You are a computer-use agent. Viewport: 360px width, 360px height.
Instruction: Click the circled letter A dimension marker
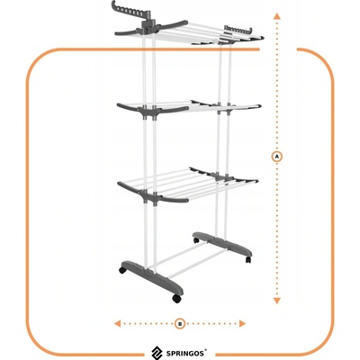(x=277, y=157)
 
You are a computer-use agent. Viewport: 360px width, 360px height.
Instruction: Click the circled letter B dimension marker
(x=180, y=323)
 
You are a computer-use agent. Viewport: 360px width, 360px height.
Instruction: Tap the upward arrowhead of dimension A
(x=277, y=16)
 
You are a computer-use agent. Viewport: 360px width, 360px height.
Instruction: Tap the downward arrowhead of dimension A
(x=277, y=301)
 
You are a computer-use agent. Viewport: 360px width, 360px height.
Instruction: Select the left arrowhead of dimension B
(x=118, y=323)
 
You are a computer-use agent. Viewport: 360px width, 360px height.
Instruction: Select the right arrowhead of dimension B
(x=242, y=323)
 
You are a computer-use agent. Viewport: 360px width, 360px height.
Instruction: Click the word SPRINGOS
(x=186, y=353)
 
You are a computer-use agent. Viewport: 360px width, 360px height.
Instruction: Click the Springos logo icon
(x=157, y=353)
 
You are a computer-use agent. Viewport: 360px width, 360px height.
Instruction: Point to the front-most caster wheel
(x=175, y=298)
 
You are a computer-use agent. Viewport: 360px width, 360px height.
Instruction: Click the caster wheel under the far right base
(x=248, y=259)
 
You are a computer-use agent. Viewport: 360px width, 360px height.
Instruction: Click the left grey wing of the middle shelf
(x=128, y=108)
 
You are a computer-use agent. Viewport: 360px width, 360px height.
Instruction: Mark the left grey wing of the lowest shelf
(x=129, y=188)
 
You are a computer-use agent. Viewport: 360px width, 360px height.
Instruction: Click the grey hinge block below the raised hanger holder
(x=148, y=27)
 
